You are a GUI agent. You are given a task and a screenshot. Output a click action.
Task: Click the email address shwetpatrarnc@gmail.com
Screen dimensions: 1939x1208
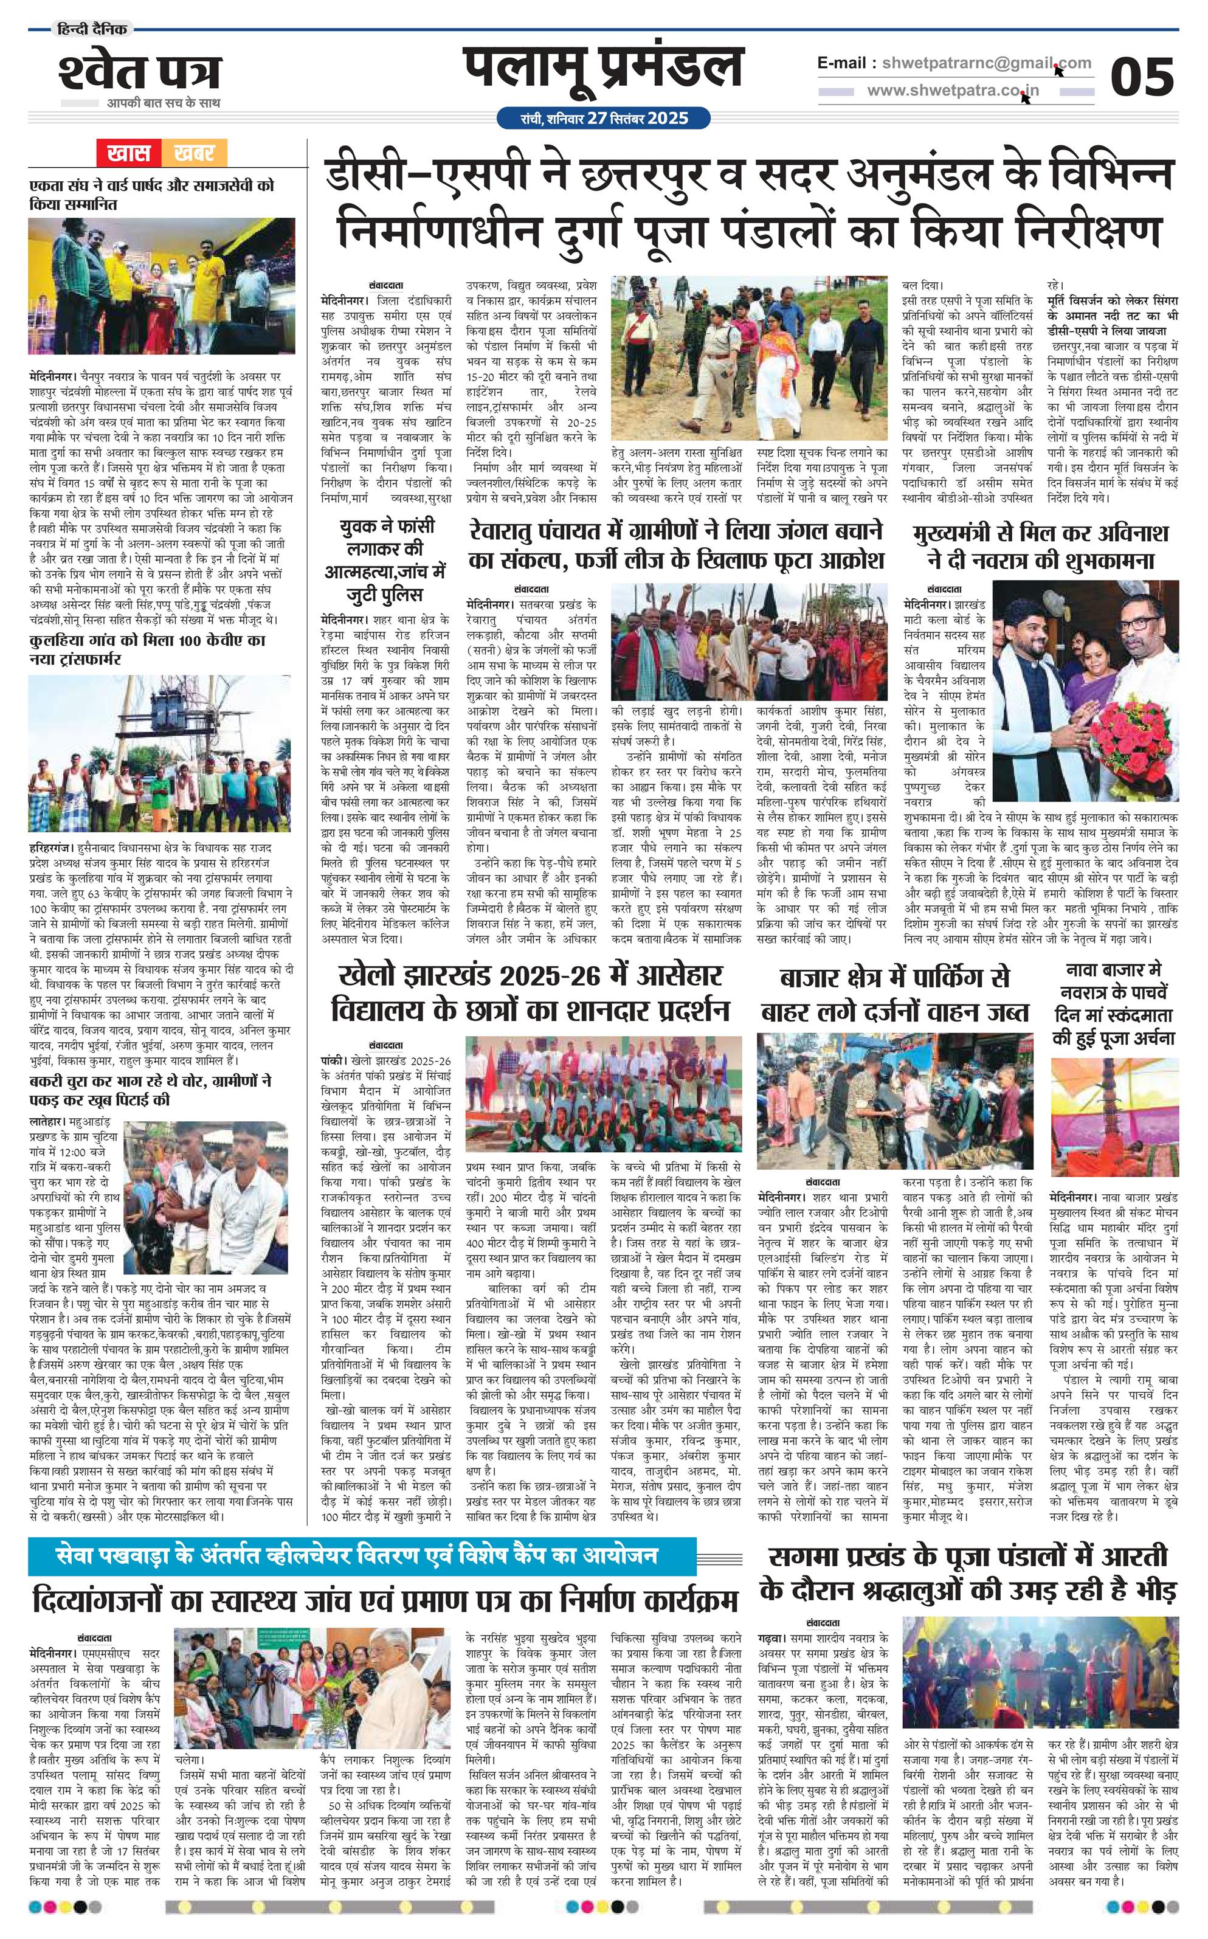(954, 63)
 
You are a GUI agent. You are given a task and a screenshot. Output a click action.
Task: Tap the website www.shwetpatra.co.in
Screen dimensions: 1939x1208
(953, 91)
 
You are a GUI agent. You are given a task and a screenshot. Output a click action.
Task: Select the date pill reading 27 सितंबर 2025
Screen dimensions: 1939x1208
(603, 119)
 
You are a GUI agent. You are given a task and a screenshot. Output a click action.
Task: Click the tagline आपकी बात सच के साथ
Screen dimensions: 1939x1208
(164, 103)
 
